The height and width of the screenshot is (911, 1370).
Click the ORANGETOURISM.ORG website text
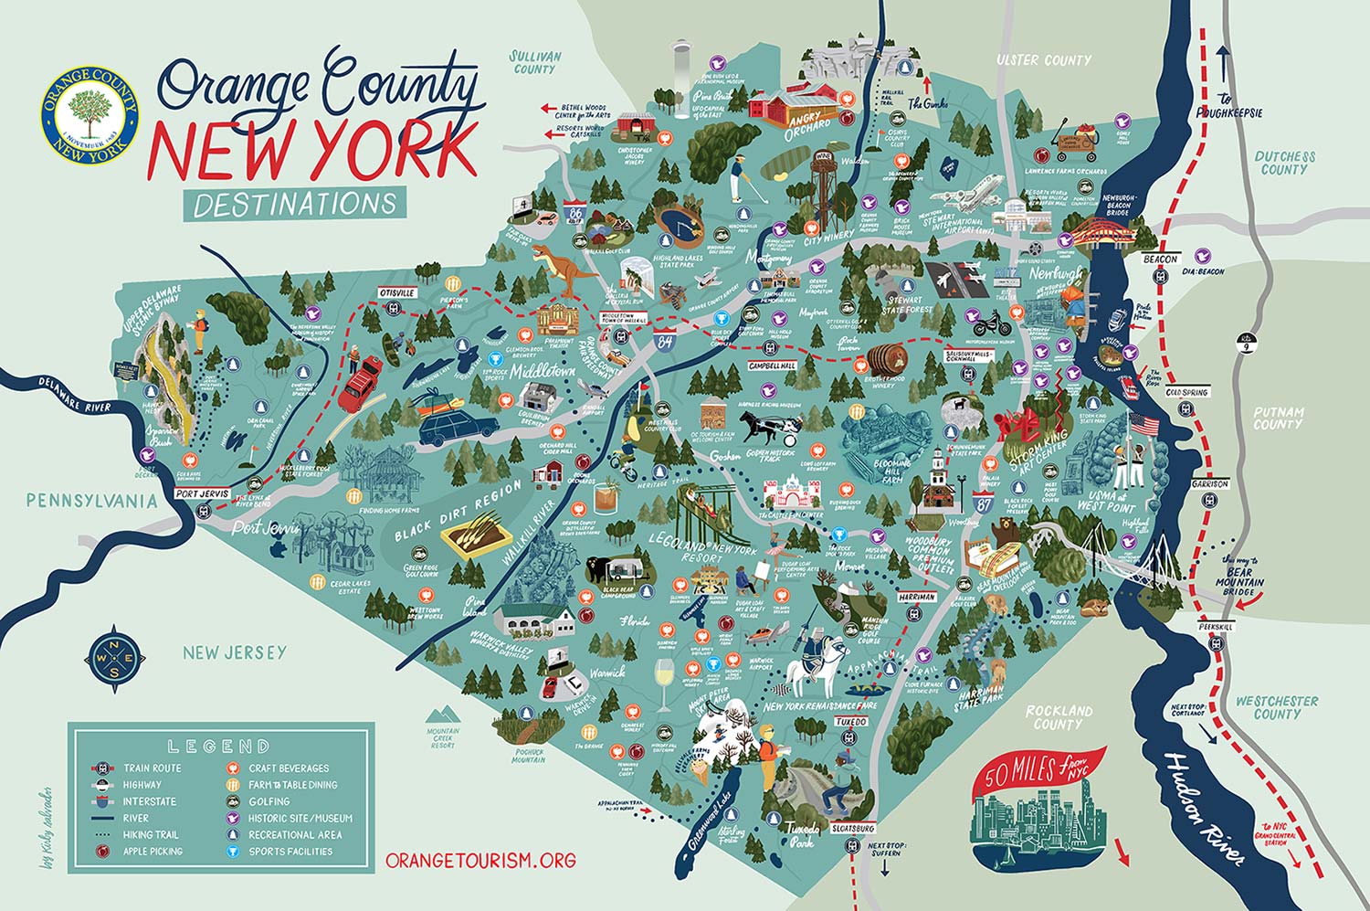click(x=480, y=860)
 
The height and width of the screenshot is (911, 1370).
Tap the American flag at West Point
click(x=1143, y=424)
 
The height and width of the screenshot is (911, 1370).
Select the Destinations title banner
click(x=295, y=203)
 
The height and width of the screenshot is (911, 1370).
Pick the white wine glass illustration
click(x=664, y=683)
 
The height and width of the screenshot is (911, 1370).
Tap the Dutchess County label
click(x=1284, y=163)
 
